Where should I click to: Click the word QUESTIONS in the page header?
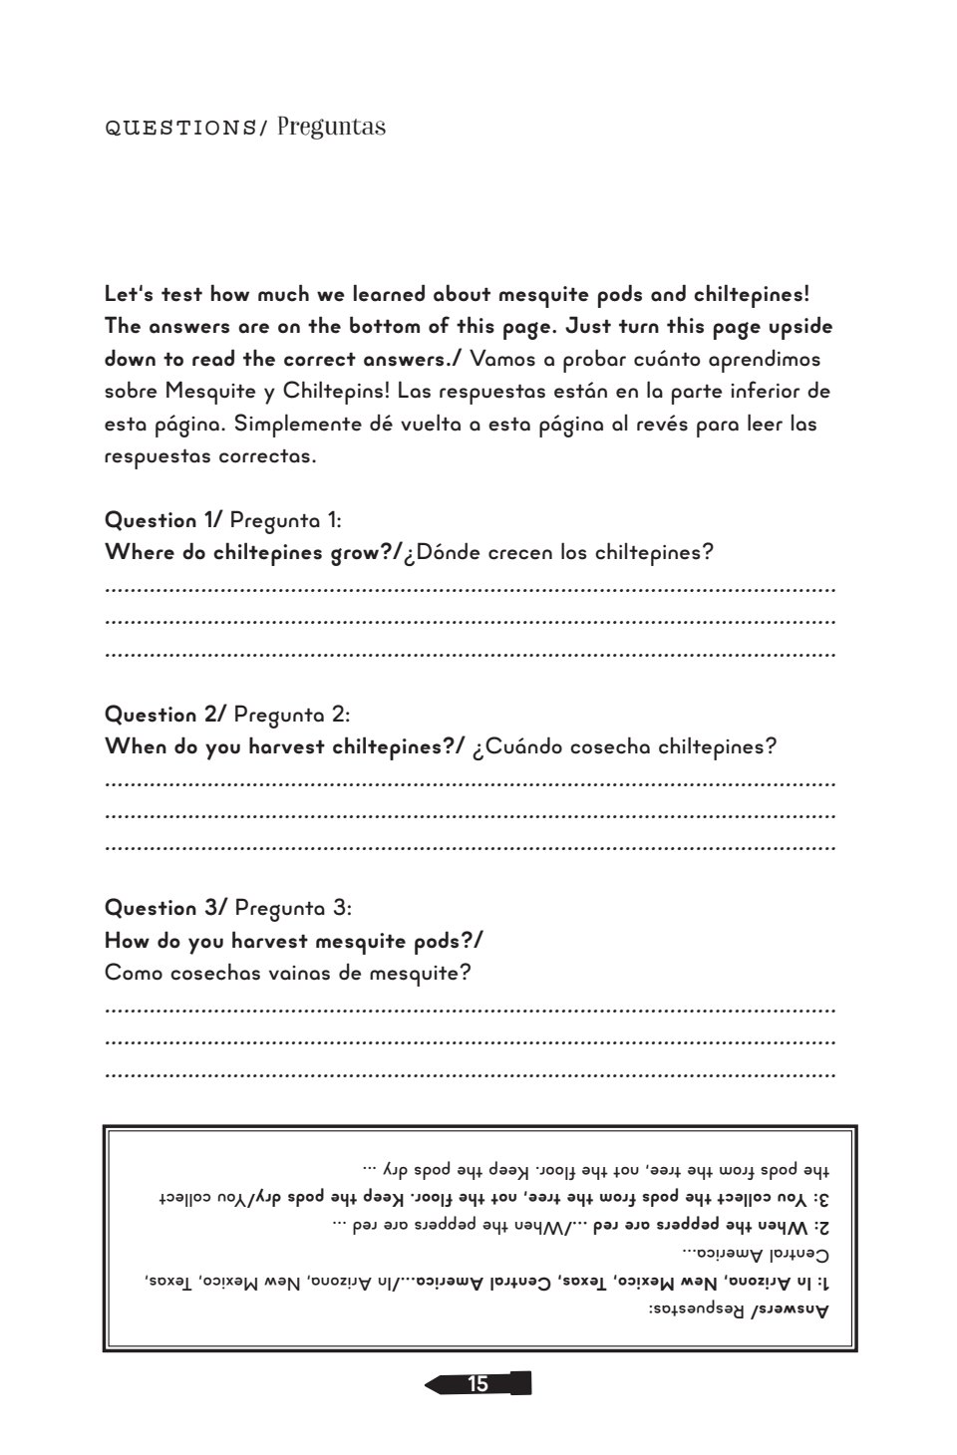click(180, 129)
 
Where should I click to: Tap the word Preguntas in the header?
click(332, 128)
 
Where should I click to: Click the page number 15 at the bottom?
click(478, 1383)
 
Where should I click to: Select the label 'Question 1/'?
click(163, 520)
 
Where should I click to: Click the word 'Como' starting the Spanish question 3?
click(133, 973)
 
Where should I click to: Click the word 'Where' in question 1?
click(140, 553)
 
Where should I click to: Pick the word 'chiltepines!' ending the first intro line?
click(745, 295)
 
